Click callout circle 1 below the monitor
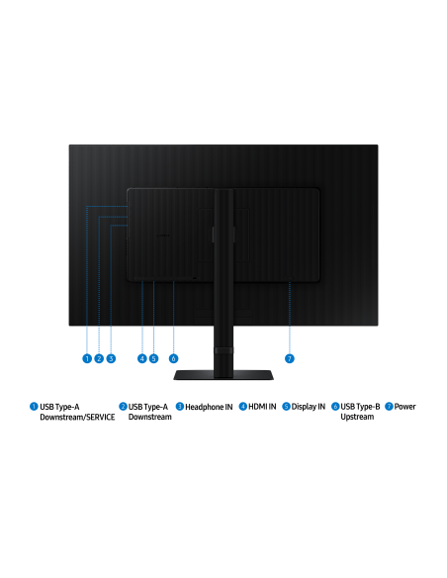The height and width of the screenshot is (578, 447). pyautogui.click(x=87, y=358)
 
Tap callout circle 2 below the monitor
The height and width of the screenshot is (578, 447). pyautogui.click(x=99, y=358)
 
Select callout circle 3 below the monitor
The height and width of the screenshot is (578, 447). pyautogui.click(x=111, y=358)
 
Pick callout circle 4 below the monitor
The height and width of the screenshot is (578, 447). pyautogui.click(x=142, y=358)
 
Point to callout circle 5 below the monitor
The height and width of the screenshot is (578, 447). pyautogui.click(x=154, y=358)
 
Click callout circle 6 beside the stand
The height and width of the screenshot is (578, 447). pyautogui.click(x=173, y=358)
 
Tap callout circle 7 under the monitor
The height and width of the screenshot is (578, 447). pyautogui.click(x=290, y=358)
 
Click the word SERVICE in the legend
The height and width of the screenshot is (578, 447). pyautogui.click(x=101, y=417)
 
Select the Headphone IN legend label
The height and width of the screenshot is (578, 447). pyautogui.click(x=209, y=407)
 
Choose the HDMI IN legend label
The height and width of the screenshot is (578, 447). pyautogui.click(x=262, y=407)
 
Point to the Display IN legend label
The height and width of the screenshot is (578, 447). pyautogui.click(x=309, y=407)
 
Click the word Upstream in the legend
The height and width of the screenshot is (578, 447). pyautogui.click(x=357, y=417)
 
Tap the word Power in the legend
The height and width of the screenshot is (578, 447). pyautogui.click(x=405, y=407)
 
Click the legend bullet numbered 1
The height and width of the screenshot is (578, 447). pyautogui.click(x=34, y=406)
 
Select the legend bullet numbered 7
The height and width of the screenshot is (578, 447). pyautogui.click(x=389, y=406)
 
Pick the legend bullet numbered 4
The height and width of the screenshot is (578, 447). pyautogui.click(x=243, y=406)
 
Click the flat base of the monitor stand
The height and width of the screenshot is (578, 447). pyautogui.click(x=223, y=375)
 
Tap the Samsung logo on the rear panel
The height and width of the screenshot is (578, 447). pyautogui.click(x=162, y=235)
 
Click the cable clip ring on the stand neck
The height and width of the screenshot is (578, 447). pyautogui.click(x=223, y=350)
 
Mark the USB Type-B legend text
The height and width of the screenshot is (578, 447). pyautogui.click(x=360, y=407)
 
